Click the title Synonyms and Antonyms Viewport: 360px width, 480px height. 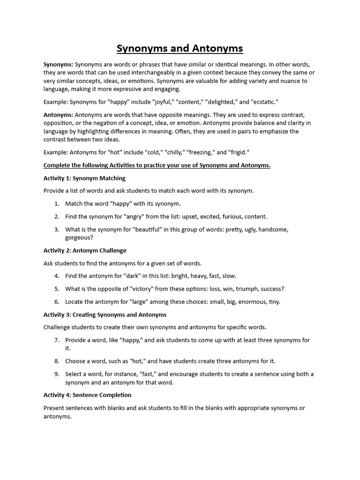[180, 49]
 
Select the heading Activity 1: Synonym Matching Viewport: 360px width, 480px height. [84, 178]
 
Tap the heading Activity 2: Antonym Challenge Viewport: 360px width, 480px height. [85, 250]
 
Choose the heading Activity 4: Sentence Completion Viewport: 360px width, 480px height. [87, 395]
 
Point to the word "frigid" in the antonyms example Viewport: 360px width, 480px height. [238, 152]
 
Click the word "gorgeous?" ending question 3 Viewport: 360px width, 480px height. [79, 238]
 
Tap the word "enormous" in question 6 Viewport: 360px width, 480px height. [249, 302]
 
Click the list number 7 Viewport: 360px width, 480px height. [56, 340]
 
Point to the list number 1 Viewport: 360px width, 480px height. [56, 204]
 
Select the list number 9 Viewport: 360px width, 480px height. [56, 374]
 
